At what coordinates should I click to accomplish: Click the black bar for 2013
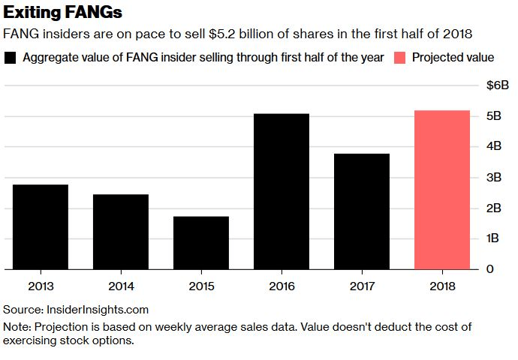[41, 226]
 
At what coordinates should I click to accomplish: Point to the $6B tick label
[498, 85]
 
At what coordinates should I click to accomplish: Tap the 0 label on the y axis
[489, 268]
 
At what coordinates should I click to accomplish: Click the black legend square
[11, 58]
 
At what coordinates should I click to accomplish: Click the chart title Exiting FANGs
[64, 13]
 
